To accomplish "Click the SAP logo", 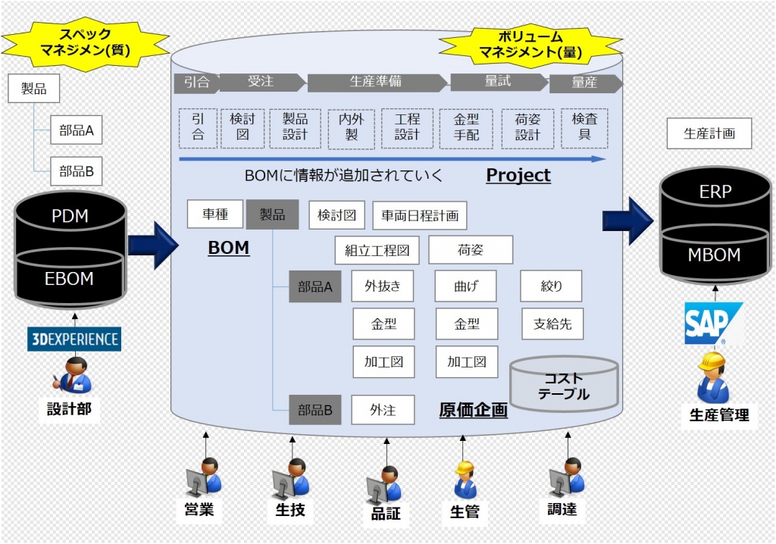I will [x=713, y=324].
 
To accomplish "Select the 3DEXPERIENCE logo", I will [x=74, y=338].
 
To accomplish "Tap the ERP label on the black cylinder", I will [x=715, y=192].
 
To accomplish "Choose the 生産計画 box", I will [x=709, y=133].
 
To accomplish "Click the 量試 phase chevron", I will [x=498, y=82].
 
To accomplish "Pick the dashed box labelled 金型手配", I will [x=465, y=128].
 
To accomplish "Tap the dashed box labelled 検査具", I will [x=584, y=128].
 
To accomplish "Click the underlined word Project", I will [x=518, y=175].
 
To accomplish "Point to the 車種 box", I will [x=215, y=214].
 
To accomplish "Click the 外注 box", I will [x=383, y=410].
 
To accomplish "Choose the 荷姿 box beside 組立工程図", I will [x=471, y=249].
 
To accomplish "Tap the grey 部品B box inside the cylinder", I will [x=315, y=410].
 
